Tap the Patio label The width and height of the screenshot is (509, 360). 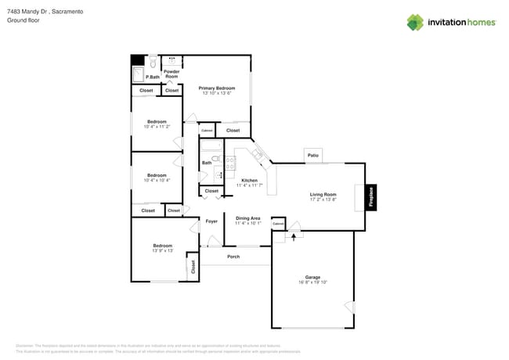tap(314, 155)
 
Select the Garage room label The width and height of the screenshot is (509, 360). tap(312, 277)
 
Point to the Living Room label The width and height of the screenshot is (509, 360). tap(323, 194)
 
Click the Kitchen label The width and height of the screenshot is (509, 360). tap(249, 180)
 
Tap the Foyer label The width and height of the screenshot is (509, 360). tap(211, 221)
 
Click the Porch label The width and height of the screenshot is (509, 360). tap(233, 257)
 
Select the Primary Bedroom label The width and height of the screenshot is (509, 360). tap(217, 88)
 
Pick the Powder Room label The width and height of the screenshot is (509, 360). tap(171, 74)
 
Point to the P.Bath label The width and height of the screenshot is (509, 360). tap(152, 77)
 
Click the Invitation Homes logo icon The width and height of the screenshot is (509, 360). tap(416, 22)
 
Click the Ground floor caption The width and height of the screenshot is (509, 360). tap(23, 20)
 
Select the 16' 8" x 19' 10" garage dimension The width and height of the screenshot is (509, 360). tap(312, 283)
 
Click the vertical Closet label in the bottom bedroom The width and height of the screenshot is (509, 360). tap(193, 266)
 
